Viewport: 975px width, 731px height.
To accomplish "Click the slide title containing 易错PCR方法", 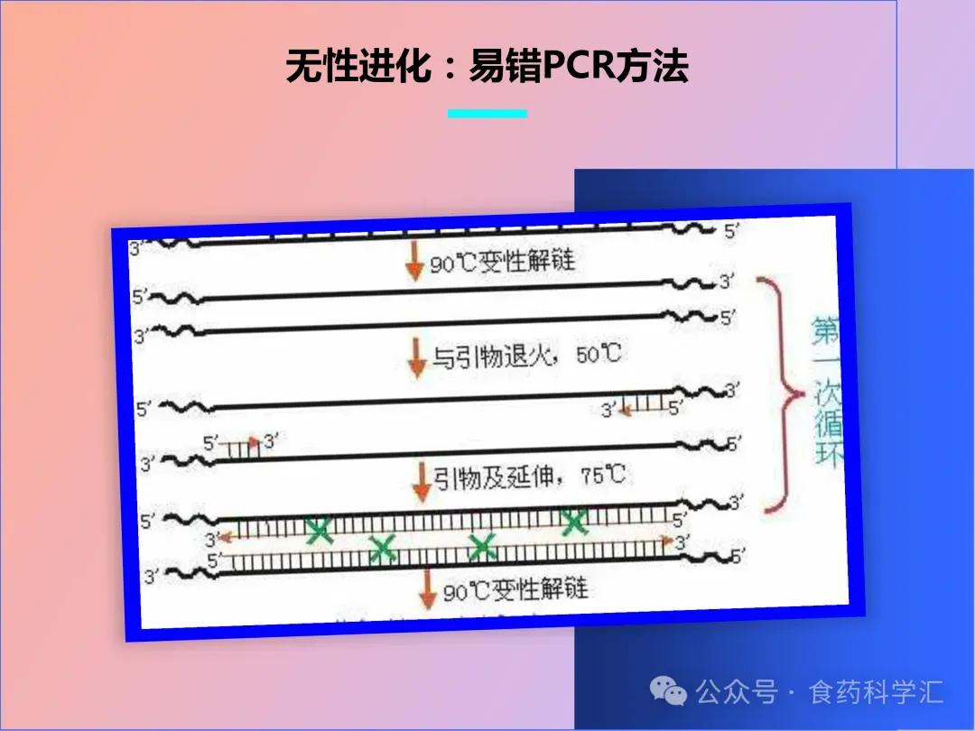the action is coord(487,67).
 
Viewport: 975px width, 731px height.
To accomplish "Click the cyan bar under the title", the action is coord(487,114).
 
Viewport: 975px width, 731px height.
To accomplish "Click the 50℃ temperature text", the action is coord(599,354).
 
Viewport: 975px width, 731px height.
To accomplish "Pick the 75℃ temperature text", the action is coord(604,475).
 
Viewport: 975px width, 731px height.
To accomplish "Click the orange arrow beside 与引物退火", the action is coord(417,357).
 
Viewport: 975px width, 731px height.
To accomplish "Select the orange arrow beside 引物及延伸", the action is coord(422,481).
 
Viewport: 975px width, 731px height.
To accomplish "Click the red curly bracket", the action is coord(783,393).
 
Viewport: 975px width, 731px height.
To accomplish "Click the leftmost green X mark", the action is coord(319,531).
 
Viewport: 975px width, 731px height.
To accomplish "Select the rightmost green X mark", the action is coord(573,521).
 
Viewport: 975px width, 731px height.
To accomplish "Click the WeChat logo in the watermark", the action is coord(670,693).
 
